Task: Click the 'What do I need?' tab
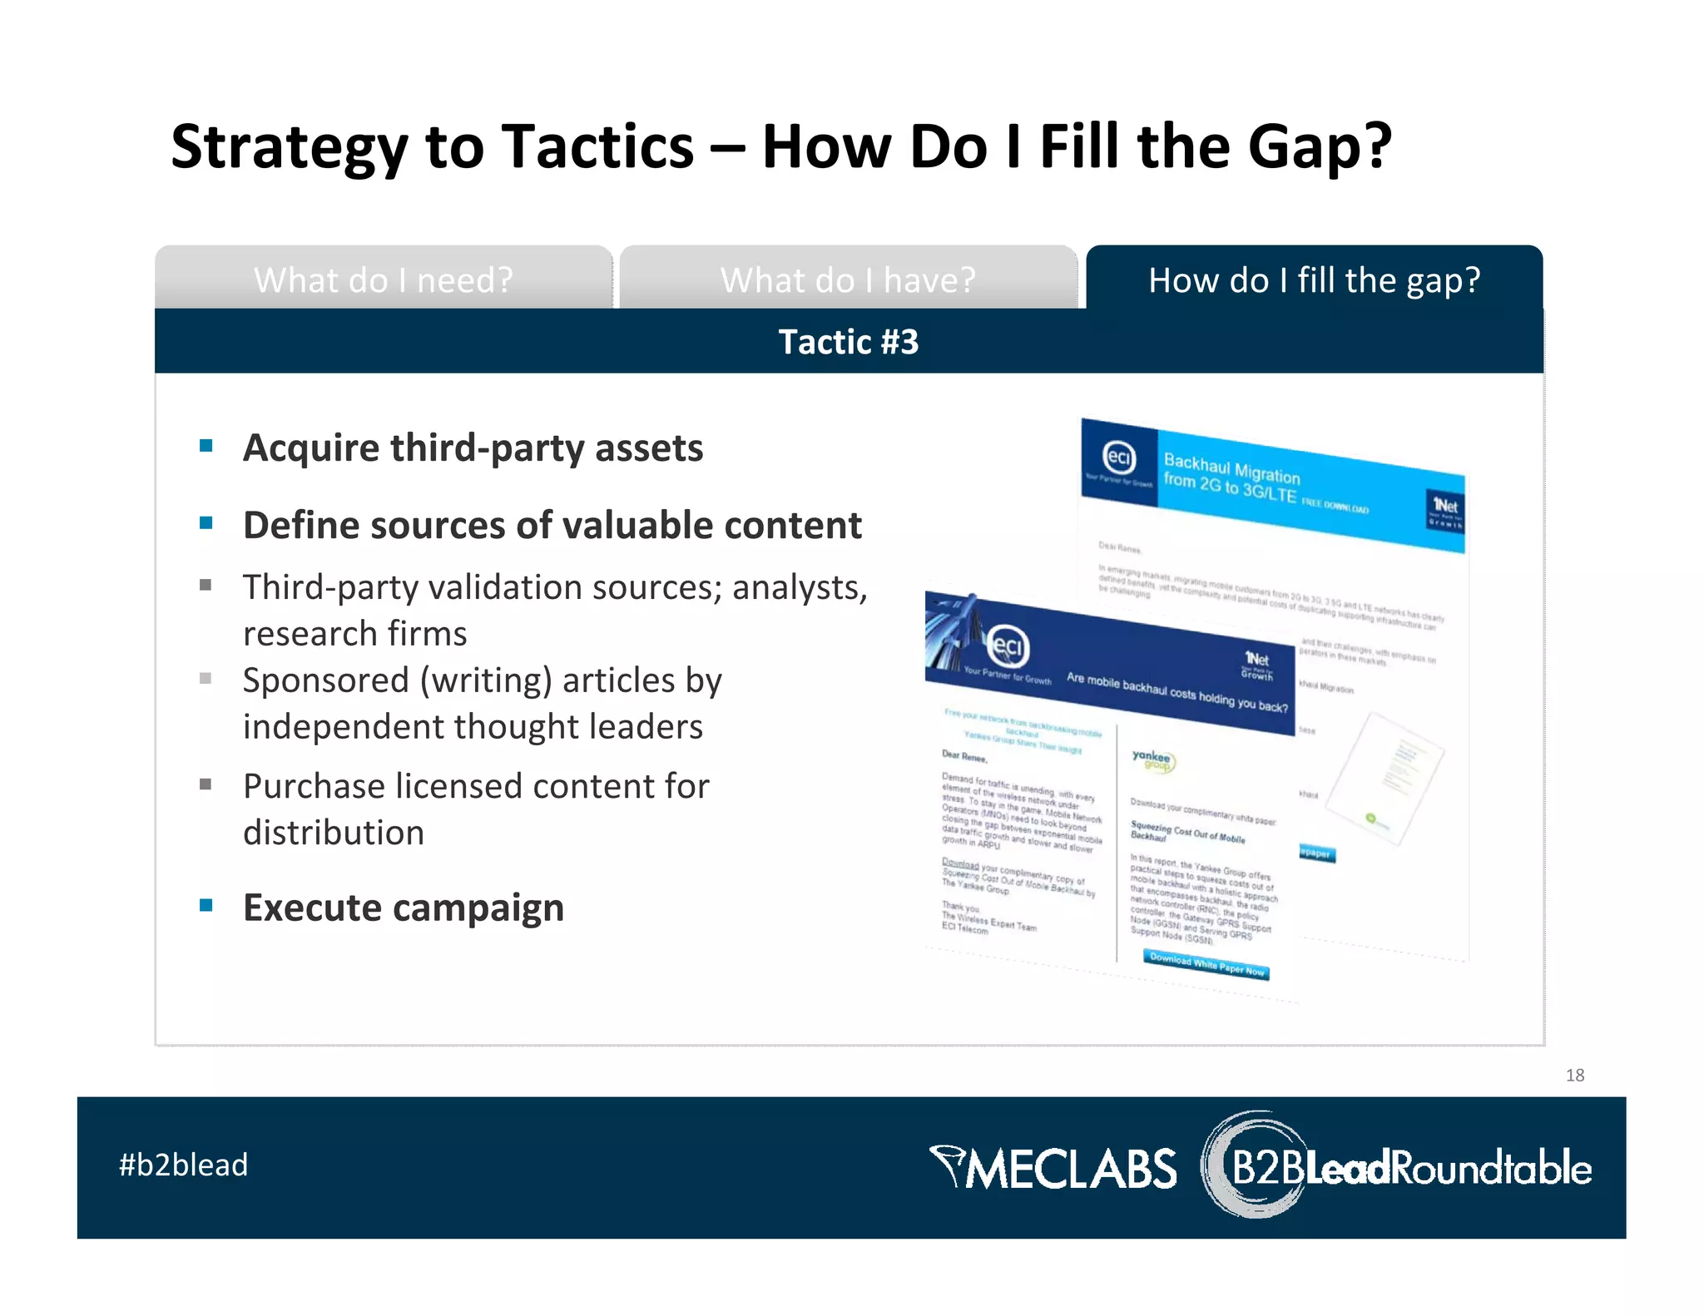coord(383,280)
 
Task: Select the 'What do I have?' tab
coord(847,280)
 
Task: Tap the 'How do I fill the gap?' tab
coord(1314,280)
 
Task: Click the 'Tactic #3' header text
coord(848,342)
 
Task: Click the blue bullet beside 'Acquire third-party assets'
coord(206,447)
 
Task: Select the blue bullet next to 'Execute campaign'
coord(206,905)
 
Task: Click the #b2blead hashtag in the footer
coord(183,1165)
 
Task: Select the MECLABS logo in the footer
coord(1053,1167)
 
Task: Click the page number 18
coord(1574,1075)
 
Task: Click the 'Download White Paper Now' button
coord(1206,965)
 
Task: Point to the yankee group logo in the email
coord(1152,759)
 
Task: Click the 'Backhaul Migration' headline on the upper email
coord(1231,469)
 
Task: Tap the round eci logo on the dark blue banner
coord(1008,646)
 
